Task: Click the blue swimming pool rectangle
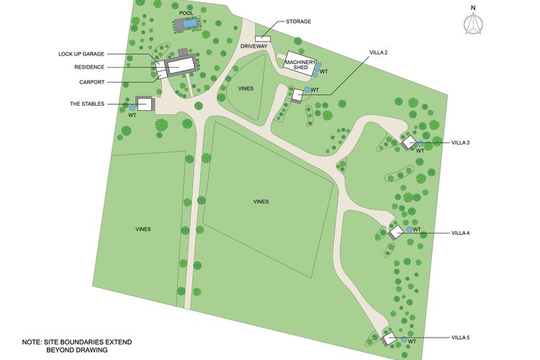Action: (x=187, y=24)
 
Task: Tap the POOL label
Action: (x=187, y=12)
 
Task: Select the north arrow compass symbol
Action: (x=473, y=24)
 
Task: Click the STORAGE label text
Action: (x=298, y=22)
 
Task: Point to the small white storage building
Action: (x=262, y=38)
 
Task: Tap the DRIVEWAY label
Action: (x=254, y=46)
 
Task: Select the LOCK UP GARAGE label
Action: (x=82, y=53)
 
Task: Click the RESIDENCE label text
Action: (x=90, y=67)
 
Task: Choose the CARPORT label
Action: (x=93, y=81)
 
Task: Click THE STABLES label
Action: (x=87, y=104)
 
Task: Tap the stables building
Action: (x=145, y=104)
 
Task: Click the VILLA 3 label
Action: (x=461, y=143)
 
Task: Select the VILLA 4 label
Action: (x=461, y=233)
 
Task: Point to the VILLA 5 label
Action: (x=461, y=338)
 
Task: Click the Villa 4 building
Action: (x=395, y=232)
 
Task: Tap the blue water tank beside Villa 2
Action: (x=307, y=89)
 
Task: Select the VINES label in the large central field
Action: (x=261, y=202)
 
